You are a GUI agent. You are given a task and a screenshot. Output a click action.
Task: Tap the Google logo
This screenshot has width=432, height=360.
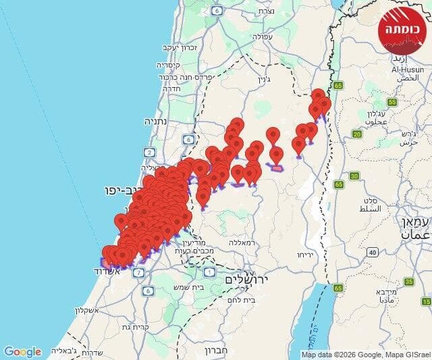point(22,352)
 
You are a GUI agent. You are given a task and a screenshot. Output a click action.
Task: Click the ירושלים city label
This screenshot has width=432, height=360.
point(247,279)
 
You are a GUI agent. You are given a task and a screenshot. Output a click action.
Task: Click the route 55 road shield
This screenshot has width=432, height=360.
point(392,102)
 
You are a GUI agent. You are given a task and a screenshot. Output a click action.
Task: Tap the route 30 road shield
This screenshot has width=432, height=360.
point(354,177)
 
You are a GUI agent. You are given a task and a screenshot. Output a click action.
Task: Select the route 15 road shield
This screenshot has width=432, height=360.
point(409,282)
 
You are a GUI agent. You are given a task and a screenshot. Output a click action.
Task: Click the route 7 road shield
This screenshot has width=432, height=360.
point(138,272)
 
